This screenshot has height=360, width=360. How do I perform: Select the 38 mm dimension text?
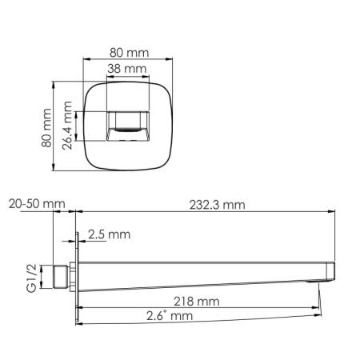(x=127, y=69)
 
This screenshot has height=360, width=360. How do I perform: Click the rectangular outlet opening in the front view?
(x=128, y=126)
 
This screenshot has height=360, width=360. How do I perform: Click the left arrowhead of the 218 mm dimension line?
(x=81, y=308)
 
